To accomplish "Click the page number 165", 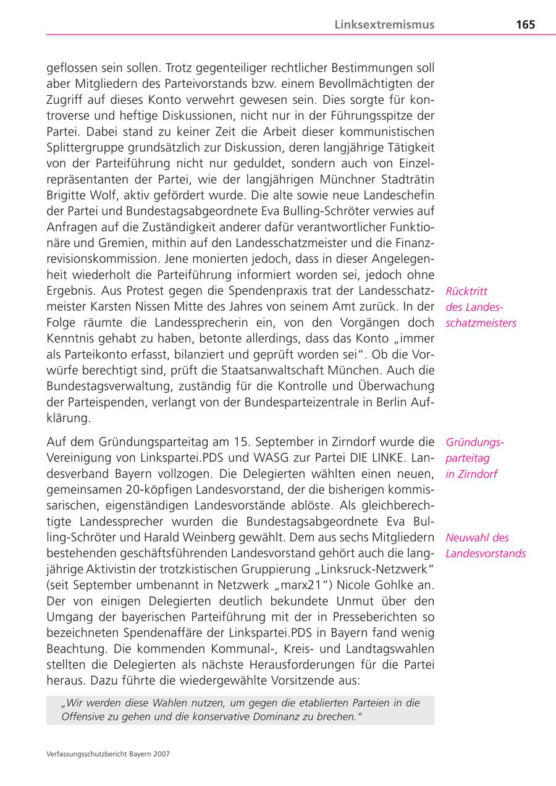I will coord(525,25).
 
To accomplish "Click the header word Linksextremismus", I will coord(384,25).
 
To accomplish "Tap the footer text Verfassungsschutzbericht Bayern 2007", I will coord(108,754).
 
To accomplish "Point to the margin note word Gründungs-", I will coord(474,442).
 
